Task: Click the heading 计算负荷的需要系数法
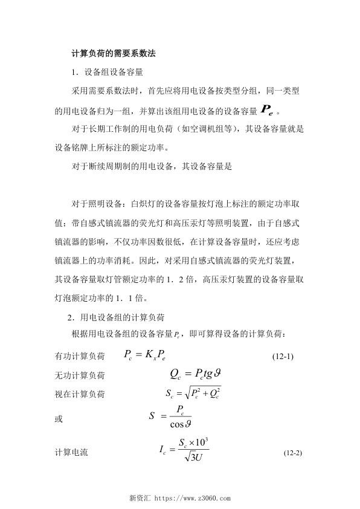coord(114,53)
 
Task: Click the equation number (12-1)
coord(280,356)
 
